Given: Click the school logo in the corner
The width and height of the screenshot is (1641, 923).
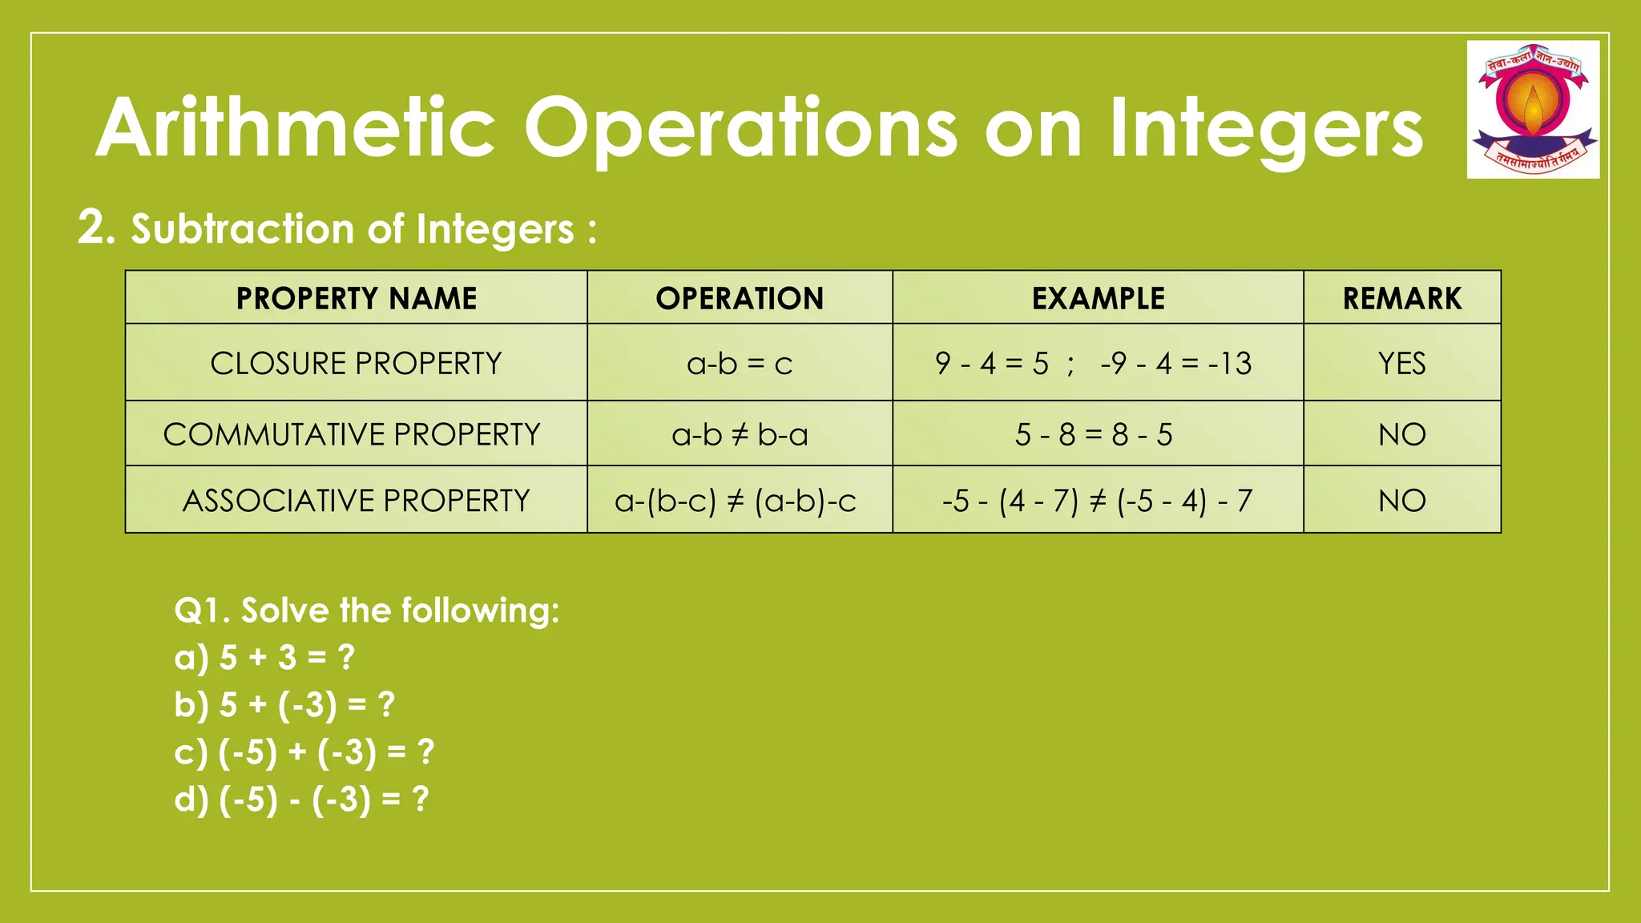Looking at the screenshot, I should click(x=1533, y=109).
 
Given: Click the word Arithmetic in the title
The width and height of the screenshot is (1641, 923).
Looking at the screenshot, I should click(x=296, y=128).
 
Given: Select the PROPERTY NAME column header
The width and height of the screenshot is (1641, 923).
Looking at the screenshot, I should click(x=357, y=298).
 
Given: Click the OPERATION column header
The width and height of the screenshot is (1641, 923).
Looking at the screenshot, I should click(x=740, y=298).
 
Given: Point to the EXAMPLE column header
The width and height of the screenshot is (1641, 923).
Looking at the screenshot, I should click(x=1098, y=298).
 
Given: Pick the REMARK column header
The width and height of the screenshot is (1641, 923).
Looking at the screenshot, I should click(x=1402, y=298).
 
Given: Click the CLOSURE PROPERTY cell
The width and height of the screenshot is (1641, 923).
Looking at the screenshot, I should click(x=357, y=363).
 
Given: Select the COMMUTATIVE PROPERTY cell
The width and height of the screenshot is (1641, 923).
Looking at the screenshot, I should click(x=353, y=434).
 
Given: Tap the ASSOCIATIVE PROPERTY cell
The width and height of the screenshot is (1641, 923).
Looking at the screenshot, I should click(x=357, y=501).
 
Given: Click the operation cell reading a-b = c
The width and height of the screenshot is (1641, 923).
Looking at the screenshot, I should click(x=740, y=364).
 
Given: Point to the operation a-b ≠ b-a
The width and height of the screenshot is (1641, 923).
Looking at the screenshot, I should click(x=740, y=434).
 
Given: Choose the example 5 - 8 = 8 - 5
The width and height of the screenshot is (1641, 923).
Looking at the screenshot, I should click(x=1094, y=434).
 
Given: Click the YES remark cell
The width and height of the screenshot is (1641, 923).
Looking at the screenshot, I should click(x=1402, y=364).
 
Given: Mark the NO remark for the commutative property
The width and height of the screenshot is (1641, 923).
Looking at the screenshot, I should click(x=1402, y=434).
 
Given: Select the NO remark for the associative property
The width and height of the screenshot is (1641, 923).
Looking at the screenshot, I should click(x=1402, y=501).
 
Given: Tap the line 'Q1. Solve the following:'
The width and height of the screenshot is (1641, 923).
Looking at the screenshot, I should click(x=366, y=611).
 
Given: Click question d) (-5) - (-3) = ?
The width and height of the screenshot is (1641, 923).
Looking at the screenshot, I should click(x=301, y=800).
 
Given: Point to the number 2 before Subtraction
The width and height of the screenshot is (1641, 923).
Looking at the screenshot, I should click(x=92, y=228).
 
